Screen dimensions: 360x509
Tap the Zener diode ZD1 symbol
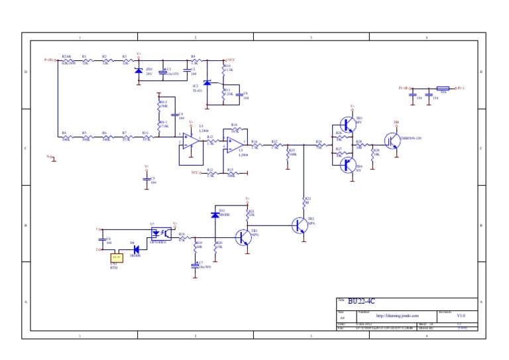(138, 70)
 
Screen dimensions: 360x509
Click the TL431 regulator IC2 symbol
(207, 82)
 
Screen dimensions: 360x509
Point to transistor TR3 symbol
(347, 123)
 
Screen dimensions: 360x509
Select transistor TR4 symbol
(346, 164)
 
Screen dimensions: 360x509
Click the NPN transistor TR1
(245, 236)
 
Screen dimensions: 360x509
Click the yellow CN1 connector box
(116, 257)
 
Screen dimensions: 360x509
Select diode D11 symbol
(215, 215)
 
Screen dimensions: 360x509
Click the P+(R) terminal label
(49, 60)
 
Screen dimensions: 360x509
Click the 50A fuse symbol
(443, 88)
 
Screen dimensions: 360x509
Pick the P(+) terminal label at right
(459, 88)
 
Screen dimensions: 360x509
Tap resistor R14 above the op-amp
(235, 130)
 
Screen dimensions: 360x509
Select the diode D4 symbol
(136, 251)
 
